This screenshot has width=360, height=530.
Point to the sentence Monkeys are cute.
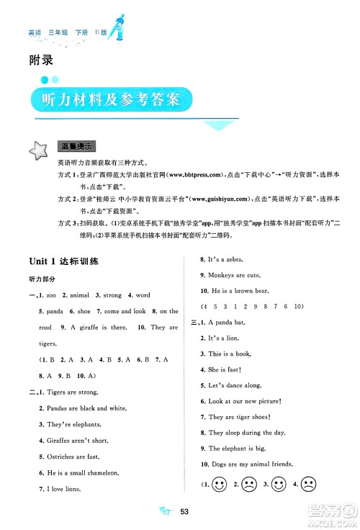click(233, 276)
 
